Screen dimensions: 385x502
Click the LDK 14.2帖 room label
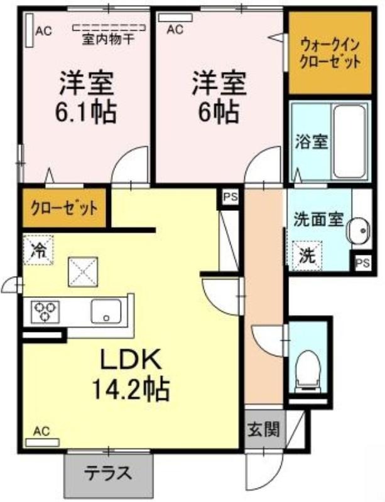pos(131,374)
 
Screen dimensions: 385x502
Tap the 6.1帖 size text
pos(85,112)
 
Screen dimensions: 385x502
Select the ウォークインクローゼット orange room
pos(330,53)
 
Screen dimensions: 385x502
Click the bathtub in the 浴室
pos(349,142)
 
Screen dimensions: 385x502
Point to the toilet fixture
pos(308,370)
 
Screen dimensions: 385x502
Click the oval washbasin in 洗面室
pos(359,230)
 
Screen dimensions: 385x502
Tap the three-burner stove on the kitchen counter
pos(45,311)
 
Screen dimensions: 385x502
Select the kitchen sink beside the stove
pos(106,311)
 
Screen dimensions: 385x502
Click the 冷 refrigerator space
pos(38,250)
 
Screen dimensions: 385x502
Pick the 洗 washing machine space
pos(306,255)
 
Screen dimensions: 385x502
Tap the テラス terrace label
pos(109,473)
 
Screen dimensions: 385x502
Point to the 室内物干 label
pos(109,40)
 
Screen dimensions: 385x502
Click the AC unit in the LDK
pos(42,442)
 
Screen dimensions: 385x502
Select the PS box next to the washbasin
pos(363,262)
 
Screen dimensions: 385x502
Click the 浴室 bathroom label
pos(312,142)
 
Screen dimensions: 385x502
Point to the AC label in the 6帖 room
pos(175,29)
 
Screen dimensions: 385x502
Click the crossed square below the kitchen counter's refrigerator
pos(83,272)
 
